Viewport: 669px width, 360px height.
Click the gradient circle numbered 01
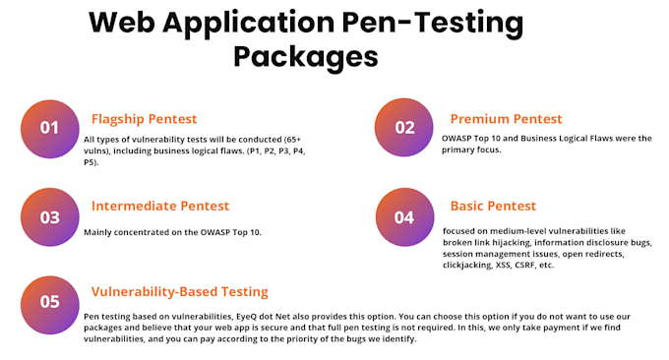[50, 128]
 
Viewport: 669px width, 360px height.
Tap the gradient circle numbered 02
[404, 128]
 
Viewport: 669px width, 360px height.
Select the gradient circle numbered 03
[50, 217]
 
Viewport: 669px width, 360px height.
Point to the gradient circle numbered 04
[404, 217]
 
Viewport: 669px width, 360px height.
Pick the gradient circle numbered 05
[50, 301]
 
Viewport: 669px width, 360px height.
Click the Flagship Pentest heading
[145, 119]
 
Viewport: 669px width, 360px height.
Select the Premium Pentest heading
[506, 119]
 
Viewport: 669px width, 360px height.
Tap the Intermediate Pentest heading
[159, 206]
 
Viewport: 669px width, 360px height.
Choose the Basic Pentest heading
[493, 206]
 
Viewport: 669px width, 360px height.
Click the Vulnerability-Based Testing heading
[179, 291]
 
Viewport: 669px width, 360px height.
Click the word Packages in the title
[305, 55]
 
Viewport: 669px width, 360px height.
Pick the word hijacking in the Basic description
[514, 242]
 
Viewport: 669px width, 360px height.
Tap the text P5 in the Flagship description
[90, 160]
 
